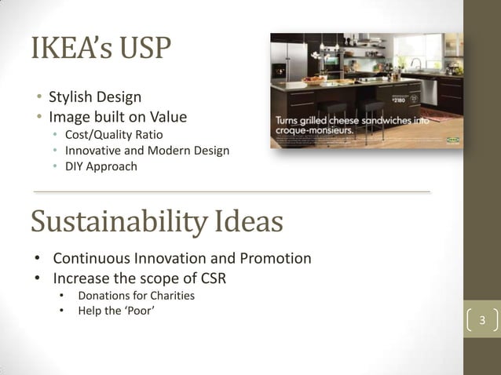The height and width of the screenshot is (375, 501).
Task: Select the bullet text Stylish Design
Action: point(95,97)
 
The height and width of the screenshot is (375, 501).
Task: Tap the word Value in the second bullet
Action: point(169,117)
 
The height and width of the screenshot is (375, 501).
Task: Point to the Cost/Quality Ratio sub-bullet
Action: point(114,134)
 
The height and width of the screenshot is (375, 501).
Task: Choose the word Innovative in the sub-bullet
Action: point(93,150)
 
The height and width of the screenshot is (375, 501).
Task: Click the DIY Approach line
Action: point(101,166)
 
